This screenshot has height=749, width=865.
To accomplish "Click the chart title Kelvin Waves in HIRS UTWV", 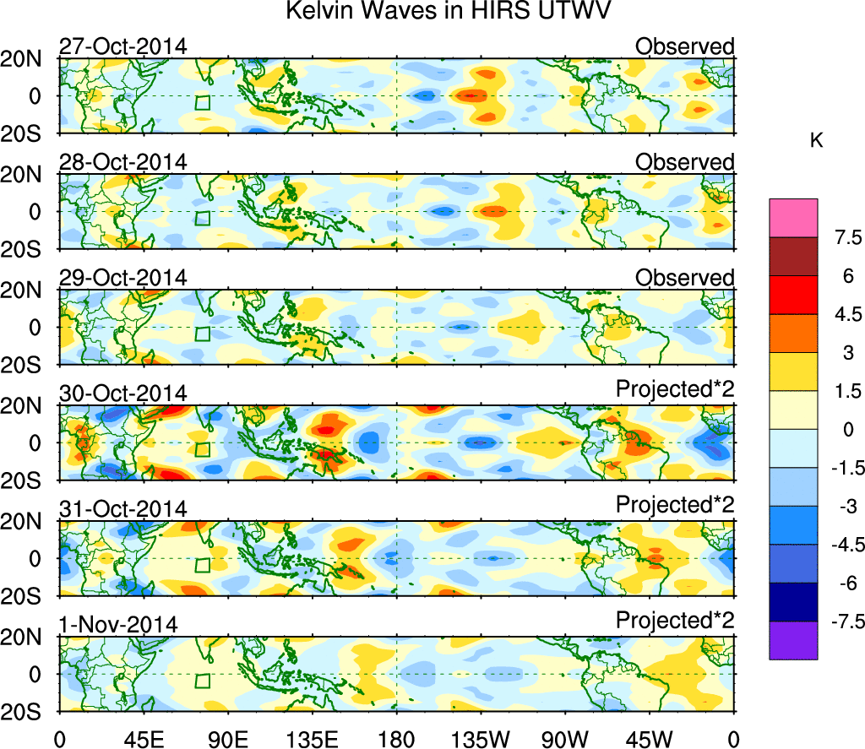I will [447, 13].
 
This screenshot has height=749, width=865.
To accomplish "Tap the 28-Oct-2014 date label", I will [122, 162].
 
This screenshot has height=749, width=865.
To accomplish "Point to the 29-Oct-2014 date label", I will [122, 278].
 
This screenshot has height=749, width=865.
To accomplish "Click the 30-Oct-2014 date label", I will [122, 393].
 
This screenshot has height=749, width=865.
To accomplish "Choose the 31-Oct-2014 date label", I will [122, 509].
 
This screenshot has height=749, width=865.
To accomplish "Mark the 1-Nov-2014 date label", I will [118, 625].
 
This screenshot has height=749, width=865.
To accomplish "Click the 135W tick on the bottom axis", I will [480, 736].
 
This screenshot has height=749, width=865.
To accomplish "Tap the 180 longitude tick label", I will [396, 736].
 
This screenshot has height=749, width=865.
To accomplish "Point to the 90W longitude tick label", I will [565, 736].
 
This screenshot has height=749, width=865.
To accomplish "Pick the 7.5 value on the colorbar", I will [841, 237].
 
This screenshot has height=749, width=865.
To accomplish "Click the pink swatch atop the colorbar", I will [793, 217].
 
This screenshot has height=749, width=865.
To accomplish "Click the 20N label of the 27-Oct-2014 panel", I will [28, 59].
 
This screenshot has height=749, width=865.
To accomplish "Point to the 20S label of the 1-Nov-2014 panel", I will [28, 712].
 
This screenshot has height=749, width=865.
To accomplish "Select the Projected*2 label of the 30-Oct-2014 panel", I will [675, 393].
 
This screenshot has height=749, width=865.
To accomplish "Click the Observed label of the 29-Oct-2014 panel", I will [685, 278].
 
